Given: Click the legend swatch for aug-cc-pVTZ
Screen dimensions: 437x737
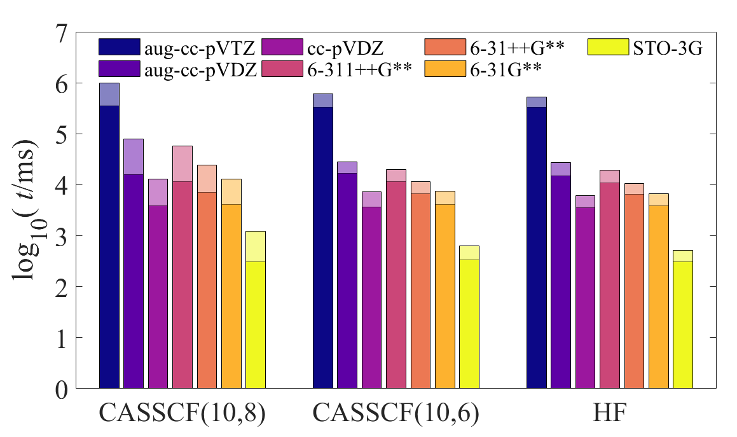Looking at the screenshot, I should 118,47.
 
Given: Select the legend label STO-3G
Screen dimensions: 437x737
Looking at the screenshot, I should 666,47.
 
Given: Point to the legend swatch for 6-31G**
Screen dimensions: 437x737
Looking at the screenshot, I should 444,69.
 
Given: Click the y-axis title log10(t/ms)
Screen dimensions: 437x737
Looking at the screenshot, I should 25,210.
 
